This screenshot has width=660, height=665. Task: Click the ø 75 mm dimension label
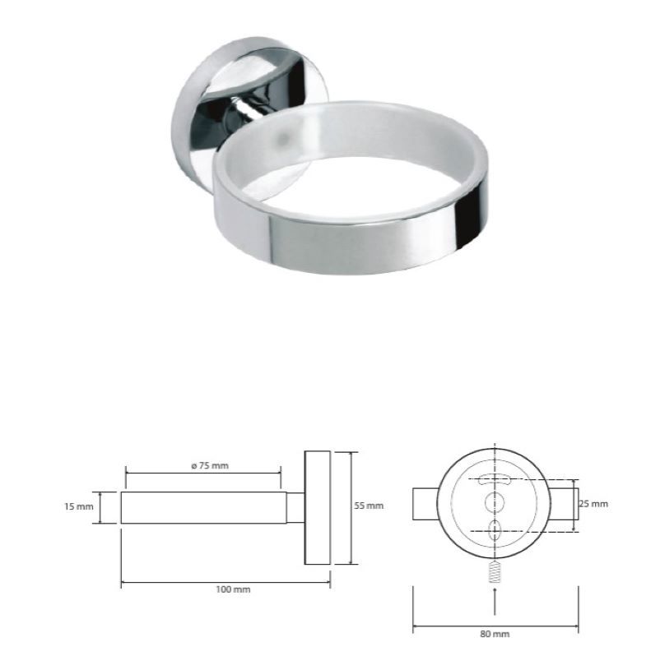point(210,466)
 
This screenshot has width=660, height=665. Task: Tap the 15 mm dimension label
point(78,506)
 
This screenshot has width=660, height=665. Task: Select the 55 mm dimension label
point(369,506)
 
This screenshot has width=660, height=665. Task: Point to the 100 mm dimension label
point(233,589)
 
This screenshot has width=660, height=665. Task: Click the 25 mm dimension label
point(593,504)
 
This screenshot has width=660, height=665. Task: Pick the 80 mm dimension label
point(495,634)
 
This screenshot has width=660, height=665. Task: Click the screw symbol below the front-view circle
point(495,572)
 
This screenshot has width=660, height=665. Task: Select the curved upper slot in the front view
point(495,479)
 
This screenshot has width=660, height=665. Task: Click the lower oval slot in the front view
point(495,531)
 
